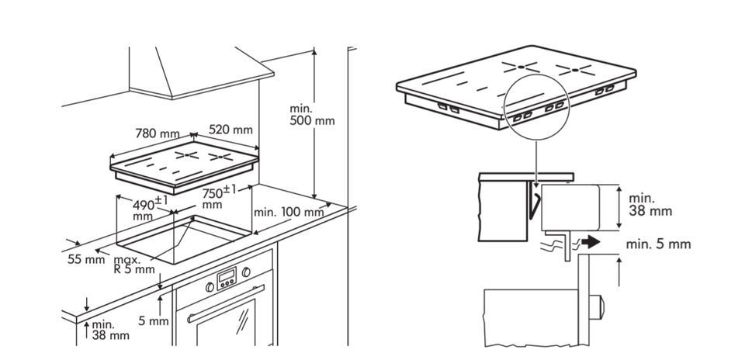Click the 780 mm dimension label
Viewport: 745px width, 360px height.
(158, 133)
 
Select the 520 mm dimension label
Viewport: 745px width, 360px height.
(231, 130)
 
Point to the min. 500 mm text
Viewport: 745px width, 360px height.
(312, 115)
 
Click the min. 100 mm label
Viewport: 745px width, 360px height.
(289, 212)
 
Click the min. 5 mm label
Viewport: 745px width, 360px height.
(658, 244)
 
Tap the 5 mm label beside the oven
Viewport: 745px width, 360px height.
(153, 320)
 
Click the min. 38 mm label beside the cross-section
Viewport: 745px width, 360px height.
(650, 205)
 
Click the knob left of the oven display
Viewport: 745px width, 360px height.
(210, 286)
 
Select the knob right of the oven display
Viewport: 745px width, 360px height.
(246, 272)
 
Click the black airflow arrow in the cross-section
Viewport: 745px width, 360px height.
(591, 242)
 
